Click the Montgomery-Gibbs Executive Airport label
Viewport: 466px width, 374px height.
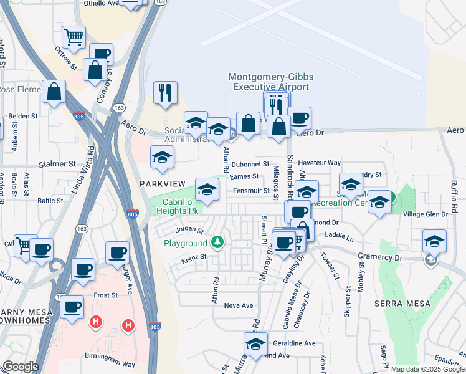click(x=270, y=82)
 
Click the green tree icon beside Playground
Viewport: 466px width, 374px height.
click(x=217, y=242)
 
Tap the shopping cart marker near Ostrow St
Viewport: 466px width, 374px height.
click(x=74, y=37)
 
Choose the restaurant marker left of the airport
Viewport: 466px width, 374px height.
click(x=165, y=93)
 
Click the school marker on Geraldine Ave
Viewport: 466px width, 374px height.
click(x=255, y=343)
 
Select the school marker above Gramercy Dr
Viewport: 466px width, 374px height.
click(x=434, y=241)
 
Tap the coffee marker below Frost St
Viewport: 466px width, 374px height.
click(x=72, y=307)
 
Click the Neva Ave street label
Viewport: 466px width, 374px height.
click(x=239, y=305)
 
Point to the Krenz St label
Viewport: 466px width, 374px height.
click(x=194, y=256)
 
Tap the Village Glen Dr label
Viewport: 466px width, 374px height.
click(x=426, y=214)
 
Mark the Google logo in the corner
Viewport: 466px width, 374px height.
click(x=21, y=367)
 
